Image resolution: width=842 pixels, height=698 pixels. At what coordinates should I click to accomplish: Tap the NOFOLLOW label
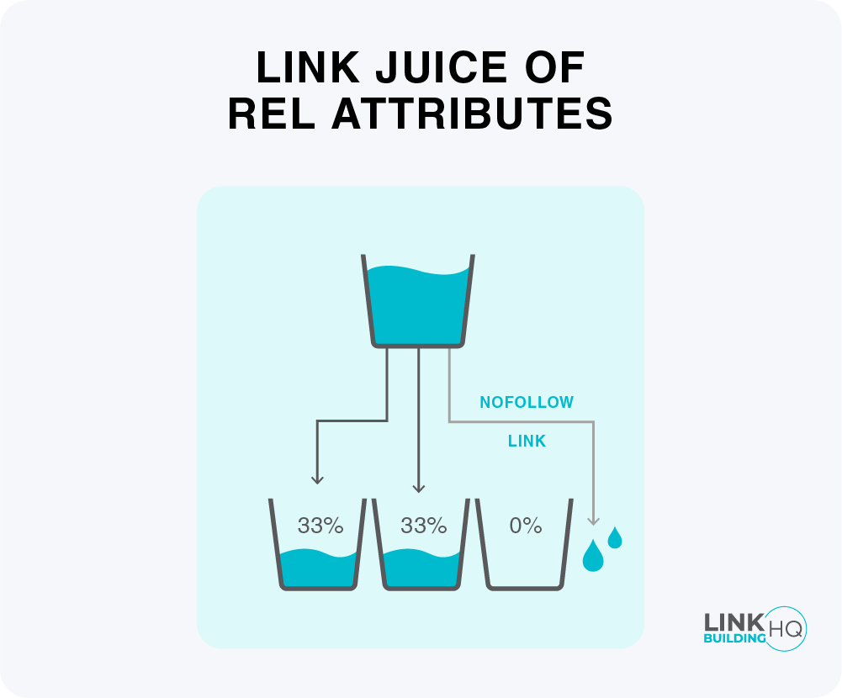[527, 403]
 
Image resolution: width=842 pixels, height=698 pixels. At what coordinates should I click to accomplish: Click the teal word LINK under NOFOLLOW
[527, 442]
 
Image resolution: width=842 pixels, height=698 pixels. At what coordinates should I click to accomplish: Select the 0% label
[526, 526]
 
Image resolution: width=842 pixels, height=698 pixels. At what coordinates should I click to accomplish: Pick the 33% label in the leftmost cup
[320, 526]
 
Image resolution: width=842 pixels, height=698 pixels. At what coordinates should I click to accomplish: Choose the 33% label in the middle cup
[423, 526]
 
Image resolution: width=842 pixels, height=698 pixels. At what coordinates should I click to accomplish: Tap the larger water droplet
[593, 556]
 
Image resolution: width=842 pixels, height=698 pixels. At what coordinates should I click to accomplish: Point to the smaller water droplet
[615, 537]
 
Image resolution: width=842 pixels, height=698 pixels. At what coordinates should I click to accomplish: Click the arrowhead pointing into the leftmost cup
[317, 480]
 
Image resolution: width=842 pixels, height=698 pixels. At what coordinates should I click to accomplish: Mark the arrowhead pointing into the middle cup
[418, 488]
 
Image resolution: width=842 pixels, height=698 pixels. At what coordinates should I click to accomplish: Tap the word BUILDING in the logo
[734, 638]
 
